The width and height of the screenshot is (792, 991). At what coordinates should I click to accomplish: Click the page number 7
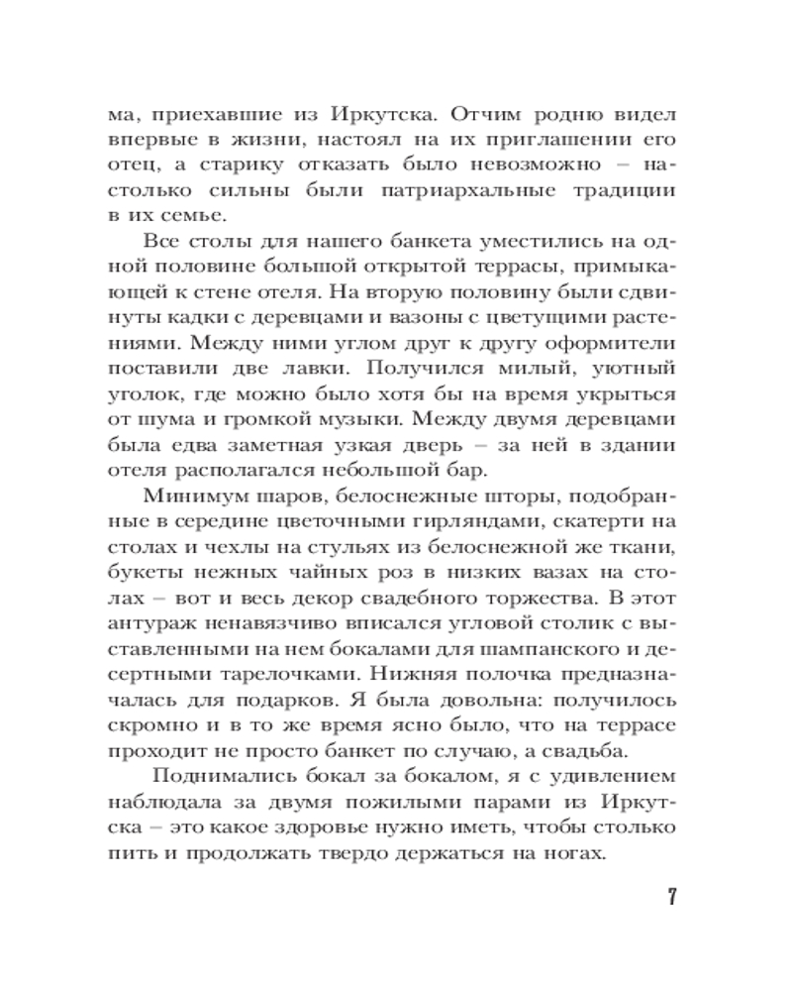coord(672,899)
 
